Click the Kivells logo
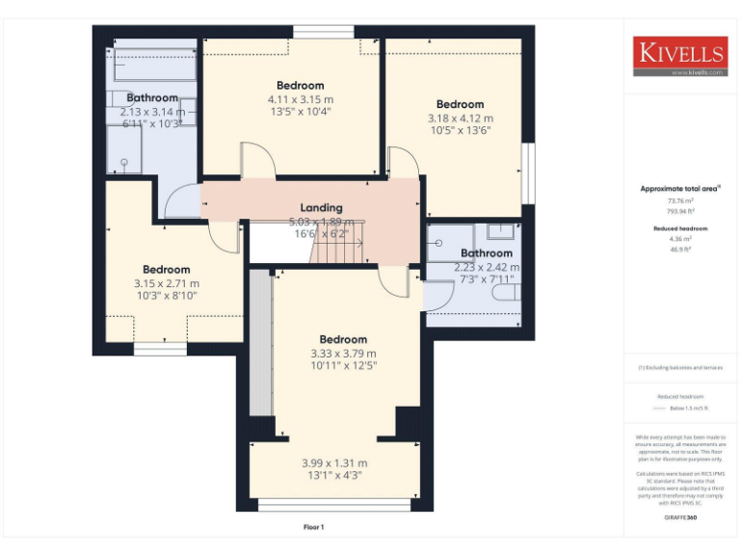pyautogui.click(x=680, y=56)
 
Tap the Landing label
pyautogui.click(x=321, y=208)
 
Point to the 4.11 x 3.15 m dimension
pyautogui.click(x=301, y=99)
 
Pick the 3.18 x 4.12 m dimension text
pyautogui.click(x=460, y=119)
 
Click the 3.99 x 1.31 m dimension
pyautogui.click(x=334, y=462)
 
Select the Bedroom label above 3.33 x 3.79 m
pyautogui.click(x=343, y=339)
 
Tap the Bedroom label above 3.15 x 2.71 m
pyautogui.click(x=167, y=270)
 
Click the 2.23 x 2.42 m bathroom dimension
pyautogui.click(x=487, y=267)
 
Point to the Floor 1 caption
pyautogui.click(x=314, y=527)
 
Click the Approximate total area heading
pyautogui.click(x=679, y=189)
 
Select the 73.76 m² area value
pyautogui.click(x=680, y=200)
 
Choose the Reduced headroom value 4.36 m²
pyautogui.click(x=680, y=238)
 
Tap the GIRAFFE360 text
pyautogui.click(x=680, y=518)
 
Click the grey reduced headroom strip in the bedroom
pyautogui.click(x=260, y=342)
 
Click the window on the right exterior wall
pyautogui.click(x=528, y=173)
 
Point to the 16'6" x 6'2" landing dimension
pyautogui.click(x=321, y=233)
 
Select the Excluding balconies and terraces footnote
pyautogui.click(x=680, y=367)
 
